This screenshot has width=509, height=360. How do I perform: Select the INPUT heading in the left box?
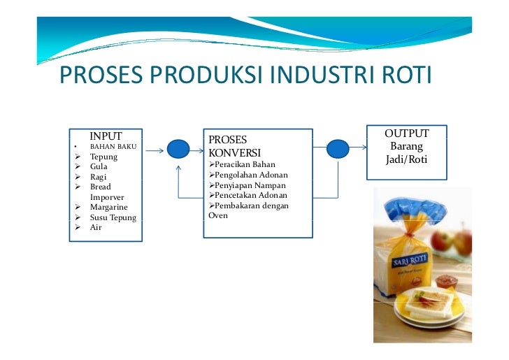(106, 136)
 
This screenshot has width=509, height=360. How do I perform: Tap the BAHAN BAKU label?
(113, 147)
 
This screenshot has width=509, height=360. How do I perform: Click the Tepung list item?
(103, 157)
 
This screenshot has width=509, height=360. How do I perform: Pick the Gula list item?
(99, 167)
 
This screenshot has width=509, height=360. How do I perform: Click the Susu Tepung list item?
(113, 217)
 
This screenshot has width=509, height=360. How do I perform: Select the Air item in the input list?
(96, 227)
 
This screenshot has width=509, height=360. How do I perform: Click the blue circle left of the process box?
(178, 149)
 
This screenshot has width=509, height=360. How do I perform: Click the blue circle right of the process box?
(338, 148)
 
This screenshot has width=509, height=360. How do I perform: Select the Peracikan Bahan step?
(241, 164)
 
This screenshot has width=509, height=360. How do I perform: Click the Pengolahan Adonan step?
(248, 175)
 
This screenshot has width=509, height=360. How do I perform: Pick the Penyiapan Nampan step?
(247, 185)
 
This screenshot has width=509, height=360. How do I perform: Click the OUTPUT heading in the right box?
(406, 134)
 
